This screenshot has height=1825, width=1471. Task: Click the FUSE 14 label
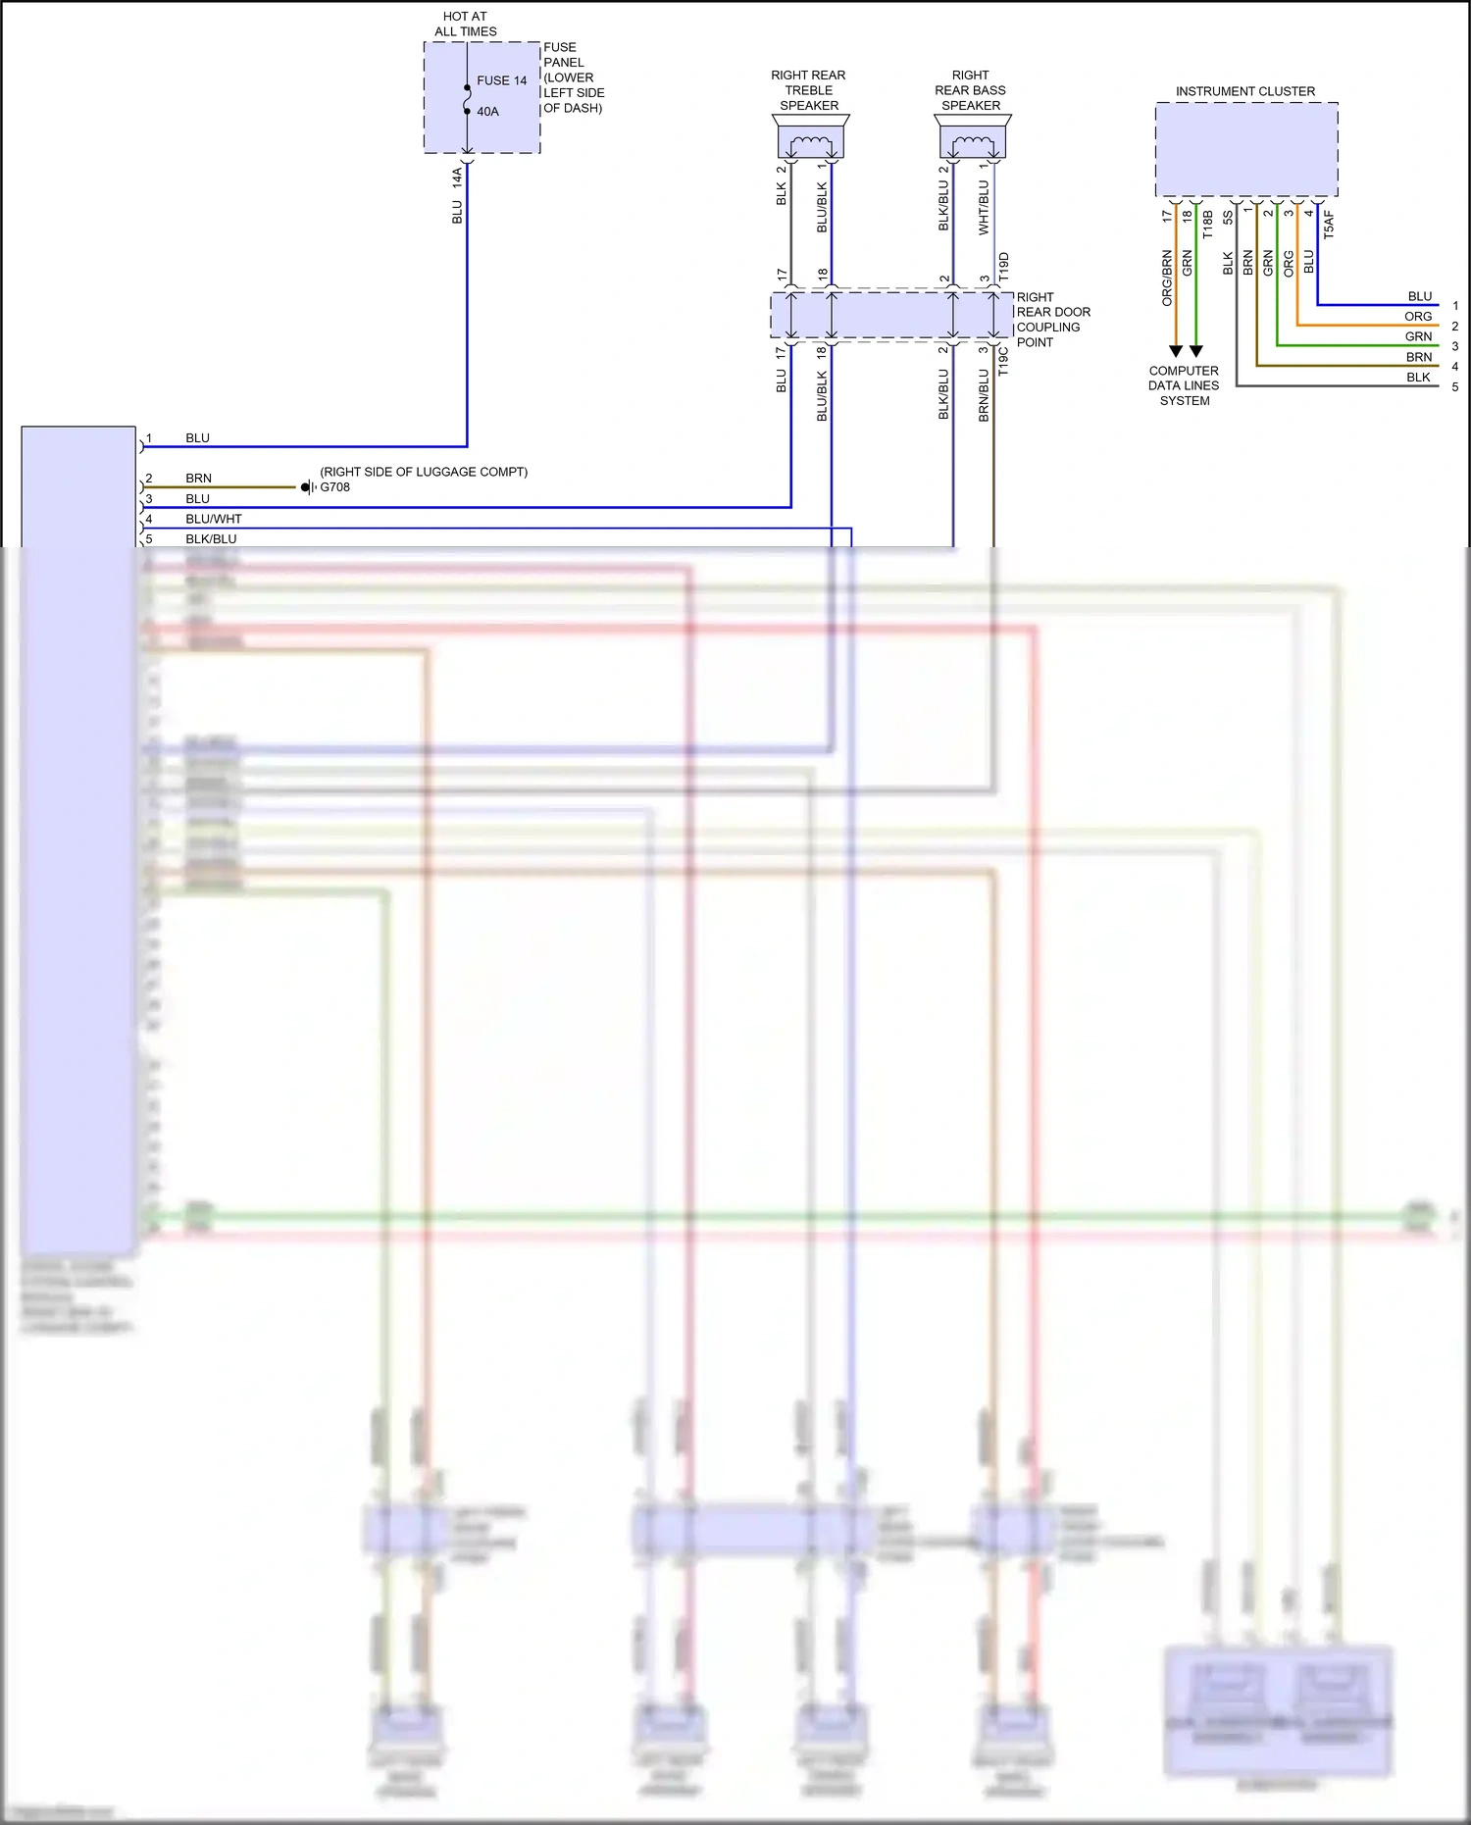pos(501,80)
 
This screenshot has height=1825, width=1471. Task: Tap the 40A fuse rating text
pos(487,112)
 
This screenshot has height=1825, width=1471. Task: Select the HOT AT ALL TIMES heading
pos(465,25)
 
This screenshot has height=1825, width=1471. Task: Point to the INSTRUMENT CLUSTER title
pos(1245,91)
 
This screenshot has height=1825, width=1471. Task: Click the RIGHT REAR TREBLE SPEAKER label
pos(808,90)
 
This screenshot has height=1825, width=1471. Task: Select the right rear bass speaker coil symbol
pos(972,145)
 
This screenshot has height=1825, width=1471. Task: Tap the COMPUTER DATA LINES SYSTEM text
pos(1184,385)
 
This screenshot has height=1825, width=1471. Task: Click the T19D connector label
pos(1003,268)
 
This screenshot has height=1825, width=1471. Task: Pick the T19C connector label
pos(1003,361)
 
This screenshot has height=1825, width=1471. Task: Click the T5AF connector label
pos(1329,224)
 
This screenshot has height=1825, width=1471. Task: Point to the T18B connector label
pos(1207,224)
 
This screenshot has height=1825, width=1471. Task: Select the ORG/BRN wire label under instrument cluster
pos(1167,278)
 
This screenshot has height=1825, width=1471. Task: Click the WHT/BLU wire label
pos(984,207)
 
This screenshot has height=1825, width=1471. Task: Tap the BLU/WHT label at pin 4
pos(213,519)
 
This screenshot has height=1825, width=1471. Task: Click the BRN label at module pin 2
pos(198,479)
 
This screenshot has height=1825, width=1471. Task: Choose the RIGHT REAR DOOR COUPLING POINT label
pos(1052,320)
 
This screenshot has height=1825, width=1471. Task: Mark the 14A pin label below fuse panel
pos(457,177)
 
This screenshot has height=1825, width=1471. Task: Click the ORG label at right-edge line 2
pos(1417,317)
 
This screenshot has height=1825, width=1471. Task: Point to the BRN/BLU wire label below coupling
pos(984,395)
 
